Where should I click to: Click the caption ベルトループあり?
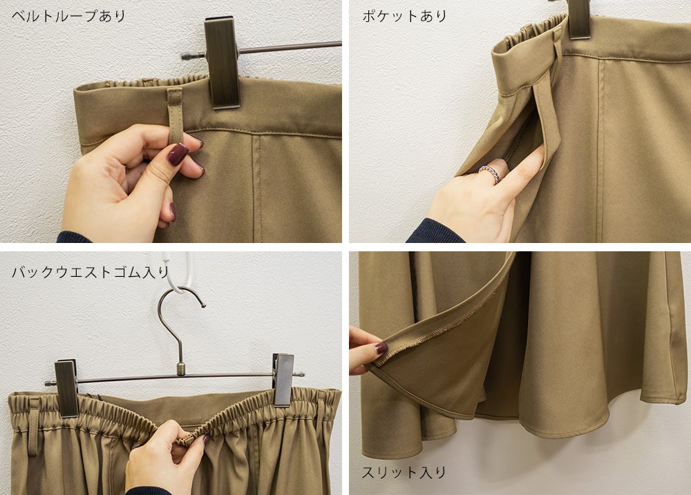[68, 17]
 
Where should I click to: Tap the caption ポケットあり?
[404, 17]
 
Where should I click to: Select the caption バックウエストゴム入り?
[91, 272]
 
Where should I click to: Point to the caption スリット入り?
[404, 472]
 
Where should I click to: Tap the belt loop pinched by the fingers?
[175, 115]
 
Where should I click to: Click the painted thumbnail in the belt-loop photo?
[178, 154]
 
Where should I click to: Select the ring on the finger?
[491, 173]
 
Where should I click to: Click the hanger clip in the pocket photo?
[578, 19]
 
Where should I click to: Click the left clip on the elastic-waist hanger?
[66, 387]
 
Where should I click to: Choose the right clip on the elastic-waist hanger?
[283, 379]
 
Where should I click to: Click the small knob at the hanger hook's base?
[180, 369]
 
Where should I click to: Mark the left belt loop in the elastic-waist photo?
[33, 426]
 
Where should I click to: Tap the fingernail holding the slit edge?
[381, 349]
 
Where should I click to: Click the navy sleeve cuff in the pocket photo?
[434, 231]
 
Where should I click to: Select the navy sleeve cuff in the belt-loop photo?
[73, 237]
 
